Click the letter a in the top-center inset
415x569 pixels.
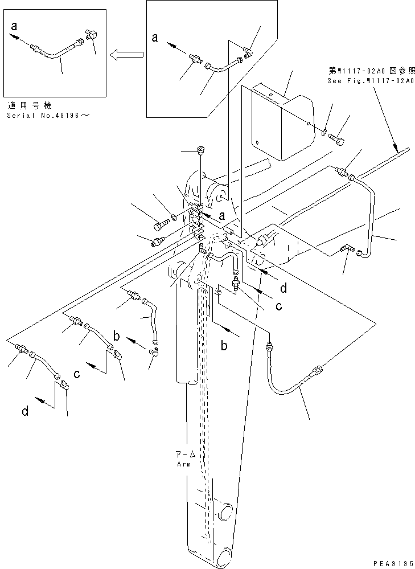(x=155, y=39)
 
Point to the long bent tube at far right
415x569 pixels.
(x=371, y=216)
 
